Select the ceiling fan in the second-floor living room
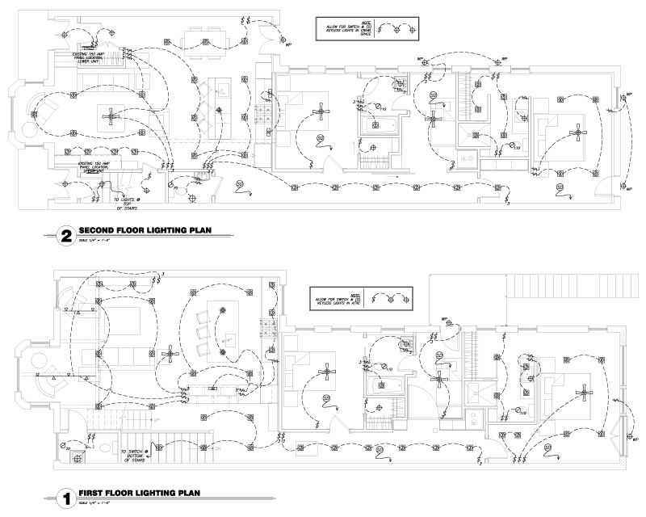[x=110, y=118]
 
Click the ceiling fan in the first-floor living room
[x=170, y=352]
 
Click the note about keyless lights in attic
[x=334, y=297]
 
